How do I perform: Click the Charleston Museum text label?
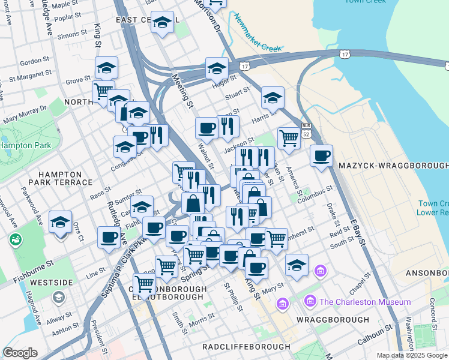365,302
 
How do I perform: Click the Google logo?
20,353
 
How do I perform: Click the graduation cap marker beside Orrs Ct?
60,223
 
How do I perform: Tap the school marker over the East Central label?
162,22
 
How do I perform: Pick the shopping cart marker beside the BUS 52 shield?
289,138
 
